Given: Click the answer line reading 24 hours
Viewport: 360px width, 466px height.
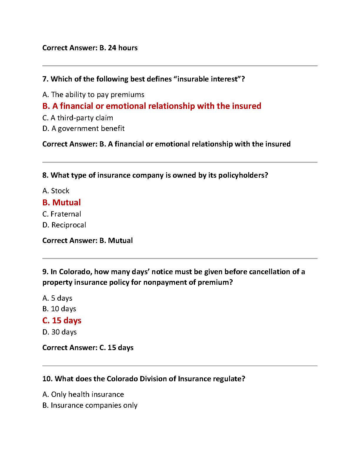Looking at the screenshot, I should pyautogui.click(x=90, y=48).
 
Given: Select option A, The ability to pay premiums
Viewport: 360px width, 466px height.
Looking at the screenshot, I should pyautogui.click(x=93, y=95).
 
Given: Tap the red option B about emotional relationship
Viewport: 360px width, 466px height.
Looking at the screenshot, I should pyautogui.click(x=151, y=106).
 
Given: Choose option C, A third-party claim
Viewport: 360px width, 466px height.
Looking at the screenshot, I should pyautogui.click(x=78, y=118).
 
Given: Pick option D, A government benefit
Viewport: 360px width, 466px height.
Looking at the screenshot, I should pyautogui.click(x=83, y=129).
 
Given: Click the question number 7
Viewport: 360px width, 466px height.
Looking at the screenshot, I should pyautogui.click(x=45, y=79).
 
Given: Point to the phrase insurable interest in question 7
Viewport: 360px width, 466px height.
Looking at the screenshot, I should pyautogui.click(x=207, y=79).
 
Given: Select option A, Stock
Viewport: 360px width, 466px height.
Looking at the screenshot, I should pyautogui.click(x=56, y=191).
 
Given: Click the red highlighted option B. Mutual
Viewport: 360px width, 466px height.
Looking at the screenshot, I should pyautogui.click(x=61, y=202).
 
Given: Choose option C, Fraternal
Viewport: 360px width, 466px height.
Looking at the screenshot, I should pyautogui.click(x=61, y=214).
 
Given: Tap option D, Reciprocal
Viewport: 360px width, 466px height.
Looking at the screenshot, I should pyautogui.click(x=64, y=225).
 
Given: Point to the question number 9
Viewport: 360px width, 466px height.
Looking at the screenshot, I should pyautogui.click(x=45, y=272).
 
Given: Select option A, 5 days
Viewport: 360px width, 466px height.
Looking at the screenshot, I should pyautogui.click(x=57, y=298).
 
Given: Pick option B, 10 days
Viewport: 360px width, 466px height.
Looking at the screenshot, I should pyautogui.click(x=59, y=309).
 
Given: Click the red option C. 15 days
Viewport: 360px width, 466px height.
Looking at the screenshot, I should pyautogui.click(x=62, y=320).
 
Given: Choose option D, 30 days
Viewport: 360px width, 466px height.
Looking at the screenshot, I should pyautogui.click(x=59, y=332).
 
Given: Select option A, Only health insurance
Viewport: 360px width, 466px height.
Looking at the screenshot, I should pyautogui.click(x=83, y=395).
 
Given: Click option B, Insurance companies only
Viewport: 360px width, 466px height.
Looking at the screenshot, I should pyautogui.click(x=90, y=405).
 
